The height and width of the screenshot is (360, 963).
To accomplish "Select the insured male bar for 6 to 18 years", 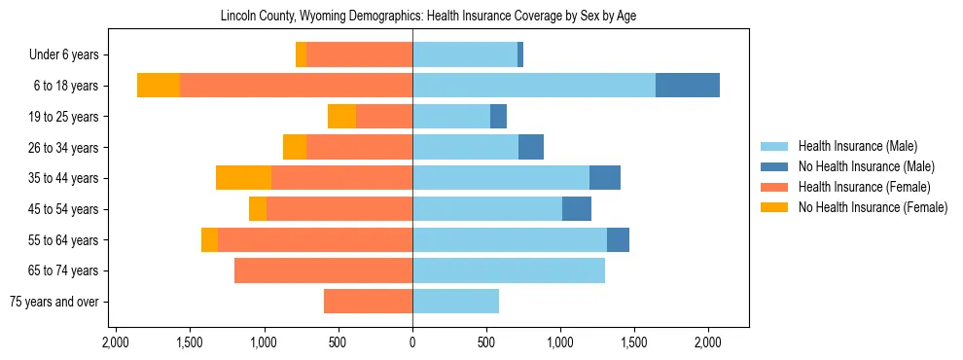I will click(x=533, y=86).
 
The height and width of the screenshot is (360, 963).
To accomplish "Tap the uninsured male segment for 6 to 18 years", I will click(x=688, y=86).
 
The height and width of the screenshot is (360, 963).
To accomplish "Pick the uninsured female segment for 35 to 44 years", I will click(x=243, y=178).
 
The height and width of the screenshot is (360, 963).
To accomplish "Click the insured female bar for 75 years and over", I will click(x=368, y=302).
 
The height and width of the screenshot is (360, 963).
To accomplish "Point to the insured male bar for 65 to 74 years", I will click(x=509, y=270).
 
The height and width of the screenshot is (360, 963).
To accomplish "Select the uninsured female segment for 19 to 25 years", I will click(x=341, y=117).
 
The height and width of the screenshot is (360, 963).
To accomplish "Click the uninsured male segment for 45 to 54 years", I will click(x=577, y=209).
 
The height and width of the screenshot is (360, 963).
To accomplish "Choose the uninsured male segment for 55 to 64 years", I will click(x=618, y=239).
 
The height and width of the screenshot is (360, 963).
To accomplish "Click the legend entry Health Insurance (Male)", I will click(x=857, y=146).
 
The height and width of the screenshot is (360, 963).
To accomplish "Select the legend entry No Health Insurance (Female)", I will click(x=873, y=207).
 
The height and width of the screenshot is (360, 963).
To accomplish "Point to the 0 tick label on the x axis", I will click(x=412, y=342).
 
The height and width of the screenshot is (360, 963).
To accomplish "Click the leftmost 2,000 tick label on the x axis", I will click(x=116, y=342).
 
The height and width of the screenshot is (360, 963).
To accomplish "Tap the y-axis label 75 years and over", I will click(x=53, y=302).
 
